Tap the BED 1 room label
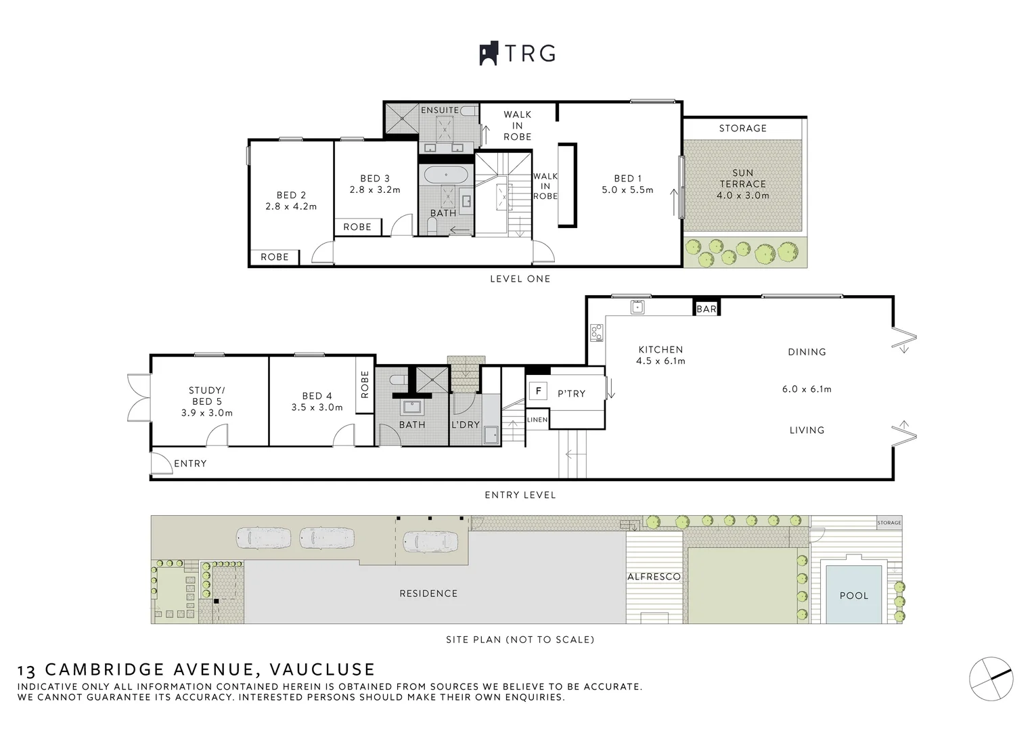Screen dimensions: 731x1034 pyautogui.click(x=627, y=179)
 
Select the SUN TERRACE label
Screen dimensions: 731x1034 pyautogui.click(x=742, y=179)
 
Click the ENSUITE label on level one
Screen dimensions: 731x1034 pyautogui.click(x=440, y=110)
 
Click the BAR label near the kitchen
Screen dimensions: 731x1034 pyautogui.click(x=706, y=309)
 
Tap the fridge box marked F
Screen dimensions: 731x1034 pyautogui.click(x=538, y=391)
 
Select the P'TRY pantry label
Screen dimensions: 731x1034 pyautogui.click(x=571, y=393)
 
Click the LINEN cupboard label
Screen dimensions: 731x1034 pyautogui.click(x=537, y=420)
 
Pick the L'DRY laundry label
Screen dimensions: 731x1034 pyautogui.click(x=465, y=424)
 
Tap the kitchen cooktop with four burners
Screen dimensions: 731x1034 pyautogui.click(x=596, y=332)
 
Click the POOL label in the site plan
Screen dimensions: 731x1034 pyautogui.click(x=853, y=596)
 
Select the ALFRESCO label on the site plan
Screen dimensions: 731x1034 pyautogui.click(x=654, y=577)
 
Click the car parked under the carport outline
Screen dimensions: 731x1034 pyautogui.click(x=430, y=541)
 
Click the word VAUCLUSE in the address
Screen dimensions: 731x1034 pyautogui.click(x=322, y=669)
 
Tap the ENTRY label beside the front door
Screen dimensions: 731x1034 pyautogui.click(x=190, y=464)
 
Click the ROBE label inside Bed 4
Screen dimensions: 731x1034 pyautogui.click(x=365, y=384)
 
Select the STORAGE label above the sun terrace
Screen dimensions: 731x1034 pyautogui.click(x=742, y=128)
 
